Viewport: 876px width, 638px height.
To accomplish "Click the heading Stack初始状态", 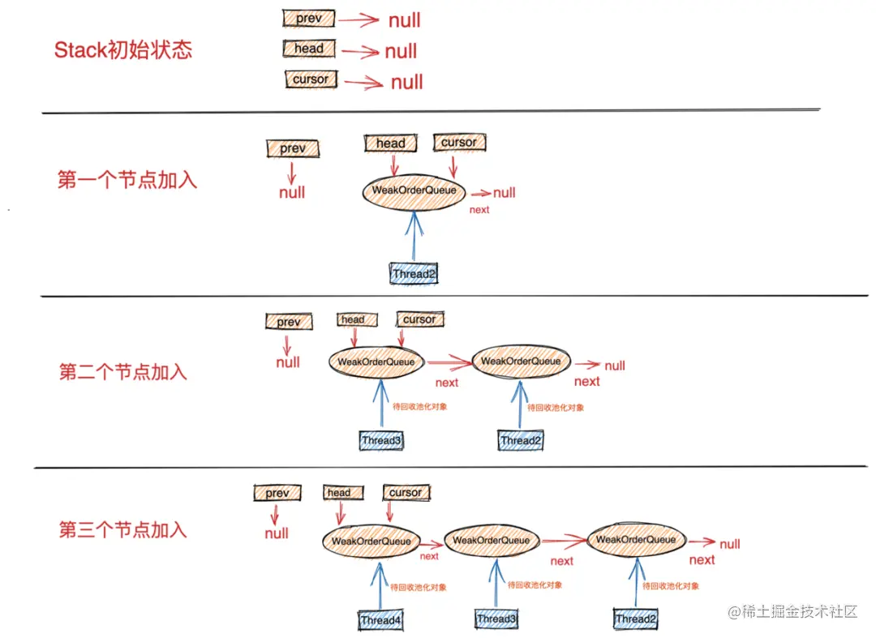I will coord(123,50).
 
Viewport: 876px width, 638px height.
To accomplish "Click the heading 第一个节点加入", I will coord(127,179).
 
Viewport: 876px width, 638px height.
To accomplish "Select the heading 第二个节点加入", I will coord(122,372).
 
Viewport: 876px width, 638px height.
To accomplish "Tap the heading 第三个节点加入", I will coord(122,530).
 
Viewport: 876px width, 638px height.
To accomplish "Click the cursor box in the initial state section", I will coord(311,79).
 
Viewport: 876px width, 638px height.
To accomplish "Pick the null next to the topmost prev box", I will coord(404,20).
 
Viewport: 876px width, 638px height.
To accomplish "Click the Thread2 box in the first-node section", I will coord(414,274).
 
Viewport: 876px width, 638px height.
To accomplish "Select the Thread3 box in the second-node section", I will coord(382,441).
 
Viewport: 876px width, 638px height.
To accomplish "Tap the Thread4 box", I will coord(380,621).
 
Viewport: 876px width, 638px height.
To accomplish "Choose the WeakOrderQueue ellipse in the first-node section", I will coord(414,191).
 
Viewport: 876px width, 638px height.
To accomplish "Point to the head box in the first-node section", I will coord(390,143).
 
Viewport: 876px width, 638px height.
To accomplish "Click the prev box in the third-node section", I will coord(277,493).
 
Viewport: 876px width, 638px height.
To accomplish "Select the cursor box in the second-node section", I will coord(419,319).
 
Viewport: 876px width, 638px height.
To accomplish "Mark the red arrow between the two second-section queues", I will coord(449,362).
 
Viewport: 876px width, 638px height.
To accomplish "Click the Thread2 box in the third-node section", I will coord(635,619).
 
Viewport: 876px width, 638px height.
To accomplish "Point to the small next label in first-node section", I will coord(479,210).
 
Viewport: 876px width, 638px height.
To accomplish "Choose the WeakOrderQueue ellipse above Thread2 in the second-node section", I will coord(521,362).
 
